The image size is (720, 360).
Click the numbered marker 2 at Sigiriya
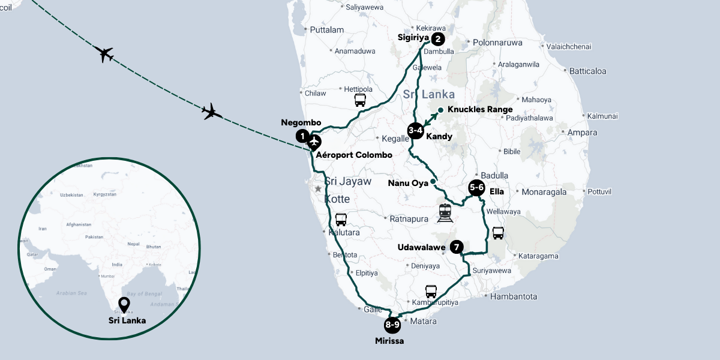(x=437, y=40)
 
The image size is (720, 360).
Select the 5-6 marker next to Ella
(x=477, y=188)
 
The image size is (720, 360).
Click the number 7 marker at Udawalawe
(x=457, y=247)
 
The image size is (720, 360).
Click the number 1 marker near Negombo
(x=303, y=136)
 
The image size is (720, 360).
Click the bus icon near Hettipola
(x=360, y=100)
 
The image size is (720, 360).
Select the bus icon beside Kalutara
(x=341, y=220)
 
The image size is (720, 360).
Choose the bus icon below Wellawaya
(x=498, y=233)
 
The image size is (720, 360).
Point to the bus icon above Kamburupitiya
(x=431, y=292)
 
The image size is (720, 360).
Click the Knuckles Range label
(x=480, y=110)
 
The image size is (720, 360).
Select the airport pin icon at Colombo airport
(x=314, y=143)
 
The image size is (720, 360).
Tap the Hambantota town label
(x=514, y=296)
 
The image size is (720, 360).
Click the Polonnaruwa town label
(x=498, y=43)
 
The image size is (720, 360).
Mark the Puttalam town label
(x=327, y=29)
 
